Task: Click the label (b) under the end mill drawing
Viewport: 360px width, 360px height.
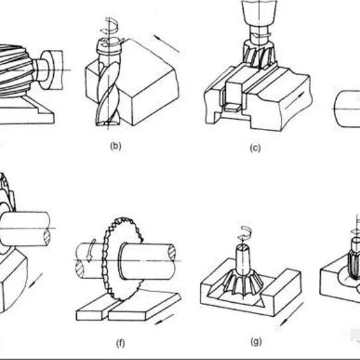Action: pyautogui.click(x=116, y=146)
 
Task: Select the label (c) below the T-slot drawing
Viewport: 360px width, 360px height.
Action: pyautogui.click(x=255, y=148)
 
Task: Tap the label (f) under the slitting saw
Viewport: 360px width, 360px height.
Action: pyautogui.click(x=120, y=343)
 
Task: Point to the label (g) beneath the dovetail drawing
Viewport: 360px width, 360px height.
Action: pyautogui.click(x=256, y=342)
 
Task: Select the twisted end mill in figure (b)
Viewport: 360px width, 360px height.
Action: pyautogui.click(x=108, y=92)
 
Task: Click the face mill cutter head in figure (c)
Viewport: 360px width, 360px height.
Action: pyautogui.click(x=260, y=54)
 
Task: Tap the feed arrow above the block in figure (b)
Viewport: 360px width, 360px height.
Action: pyautogui.click(x=167, y=44)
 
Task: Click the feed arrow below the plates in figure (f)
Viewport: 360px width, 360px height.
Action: pyautogui.click(x=164, y=319)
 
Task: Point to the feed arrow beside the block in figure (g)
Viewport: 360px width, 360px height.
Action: pyautogui.click(x=292, y=314)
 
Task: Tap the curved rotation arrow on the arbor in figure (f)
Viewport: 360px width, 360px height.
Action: pyautogui.click(x=91, y=250)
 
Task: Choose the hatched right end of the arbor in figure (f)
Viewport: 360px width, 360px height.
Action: pyautogui.click(x=172, y=252)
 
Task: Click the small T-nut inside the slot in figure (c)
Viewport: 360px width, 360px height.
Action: pyautogui.click(x=232, y=106)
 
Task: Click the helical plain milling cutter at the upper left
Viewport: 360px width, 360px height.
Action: pyautogui.click(x=16, y=70)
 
